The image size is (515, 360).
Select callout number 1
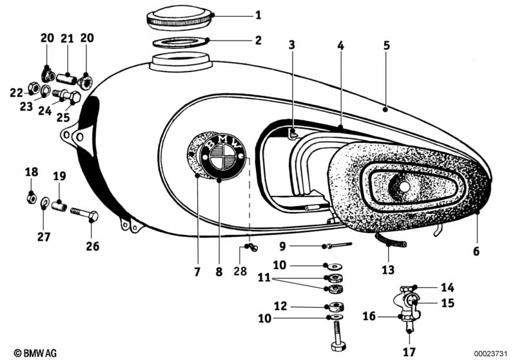pyautogui.click(x=240, y=14)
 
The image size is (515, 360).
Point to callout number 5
pyautogui.click(x=386, y=46)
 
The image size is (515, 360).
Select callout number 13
pyautogui.click(x=387, y=271)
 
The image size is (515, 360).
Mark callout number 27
pyautogui.click(x=43, y=236)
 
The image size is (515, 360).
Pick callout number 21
pyautogui.click(x=68, y=39)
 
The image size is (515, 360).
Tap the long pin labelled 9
pyautogui.click(x=339, y=245)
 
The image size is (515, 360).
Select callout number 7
pyautogui.click(x=197, y=271)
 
